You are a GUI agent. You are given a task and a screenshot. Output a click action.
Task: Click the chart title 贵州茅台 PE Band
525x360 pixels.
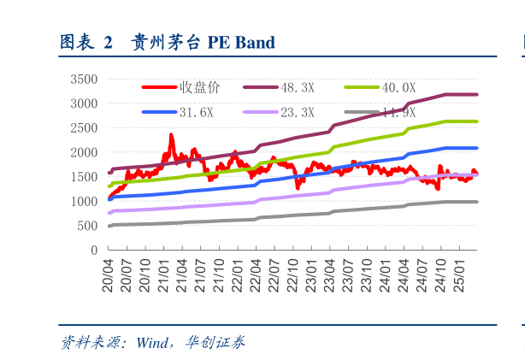click(x=203, y=42)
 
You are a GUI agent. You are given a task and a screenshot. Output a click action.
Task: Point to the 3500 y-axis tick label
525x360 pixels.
click(x=84, y=79)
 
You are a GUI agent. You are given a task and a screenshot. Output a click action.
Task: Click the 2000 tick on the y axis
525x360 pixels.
click(x=84, y=152)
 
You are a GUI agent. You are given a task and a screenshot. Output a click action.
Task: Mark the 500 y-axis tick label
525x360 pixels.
click(x=87, y=226)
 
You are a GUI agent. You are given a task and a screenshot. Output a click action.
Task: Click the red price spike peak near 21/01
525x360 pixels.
click(x=171, y=135)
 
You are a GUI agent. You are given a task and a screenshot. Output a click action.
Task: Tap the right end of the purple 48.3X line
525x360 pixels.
click(x=476, y=94)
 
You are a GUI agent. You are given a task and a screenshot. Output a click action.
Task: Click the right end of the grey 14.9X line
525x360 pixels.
click(x=476, y=202)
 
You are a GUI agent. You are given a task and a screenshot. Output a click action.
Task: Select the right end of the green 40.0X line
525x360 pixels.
click(x=476, y=121)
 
